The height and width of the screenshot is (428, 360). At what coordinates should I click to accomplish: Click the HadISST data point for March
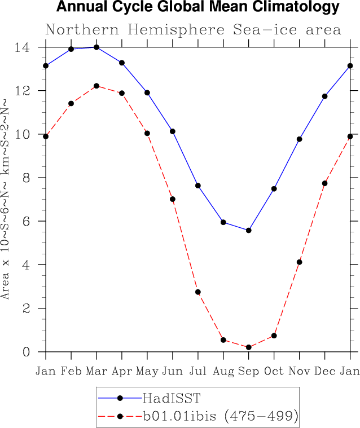[x=96, y=47]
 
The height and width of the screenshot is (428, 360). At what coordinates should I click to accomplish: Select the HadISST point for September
[x=249, y=230]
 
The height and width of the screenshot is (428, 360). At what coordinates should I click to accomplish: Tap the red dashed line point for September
[x=249, y=347]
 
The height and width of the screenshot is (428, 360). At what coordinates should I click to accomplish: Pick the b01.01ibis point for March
[x=96, y=86]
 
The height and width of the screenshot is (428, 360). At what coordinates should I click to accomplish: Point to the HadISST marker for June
[x=173, y=131]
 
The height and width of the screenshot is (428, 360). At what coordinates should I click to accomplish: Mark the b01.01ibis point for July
[x=198, y=292]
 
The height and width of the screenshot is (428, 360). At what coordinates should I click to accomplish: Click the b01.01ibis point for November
[x=300, y=262]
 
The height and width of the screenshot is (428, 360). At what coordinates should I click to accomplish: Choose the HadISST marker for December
[x=325, y=96]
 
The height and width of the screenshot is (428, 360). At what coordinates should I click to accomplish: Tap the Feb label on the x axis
[x=71, y=370]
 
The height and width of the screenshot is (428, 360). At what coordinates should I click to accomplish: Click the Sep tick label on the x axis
[x=249, y=370]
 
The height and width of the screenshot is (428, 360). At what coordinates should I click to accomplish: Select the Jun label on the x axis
[x=173, y=370]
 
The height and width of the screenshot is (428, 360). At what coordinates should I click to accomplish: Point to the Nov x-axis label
[x=300, y=370]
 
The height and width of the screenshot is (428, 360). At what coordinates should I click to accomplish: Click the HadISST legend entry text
[x=171, y=398]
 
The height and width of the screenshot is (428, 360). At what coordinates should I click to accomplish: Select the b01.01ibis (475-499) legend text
[x=220, y=417]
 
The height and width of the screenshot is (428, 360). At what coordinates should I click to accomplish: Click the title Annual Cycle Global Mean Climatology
[x=198, y=7]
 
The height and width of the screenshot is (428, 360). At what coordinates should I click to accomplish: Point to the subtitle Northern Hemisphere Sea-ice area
[x=193, y=29]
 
